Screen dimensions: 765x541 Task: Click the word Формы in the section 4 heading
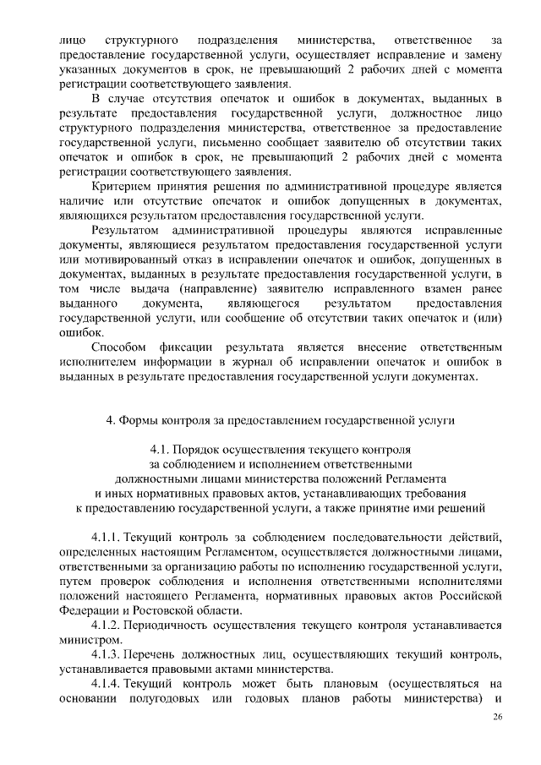pos(144,418)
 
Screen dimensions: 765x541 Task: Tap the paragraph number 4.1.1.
pos(107,538)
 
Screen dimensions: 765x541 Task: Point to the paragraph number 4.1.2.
pos(107,626)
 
